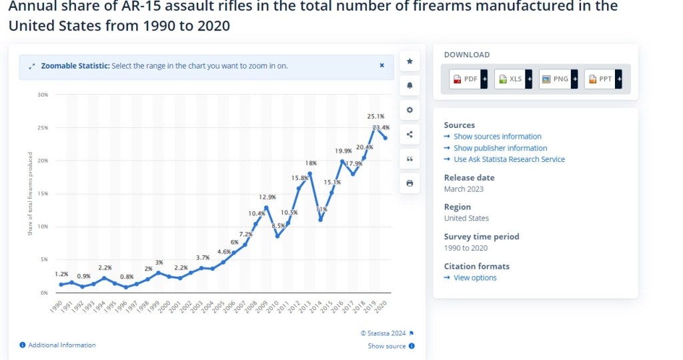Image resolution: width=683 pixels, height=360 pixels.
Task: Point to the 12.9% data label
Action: point(267,197)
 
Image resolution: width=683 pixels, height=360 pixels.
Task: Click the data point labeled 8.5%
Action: point(277,236)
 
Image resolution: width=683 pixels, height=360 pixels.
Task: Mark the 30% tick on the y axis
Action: point(43,95)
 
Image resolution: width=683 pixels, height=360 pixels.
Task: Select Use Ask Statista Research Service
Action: point(509,159)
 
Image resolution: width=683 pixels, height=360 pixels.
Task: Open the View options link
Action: point(475,278)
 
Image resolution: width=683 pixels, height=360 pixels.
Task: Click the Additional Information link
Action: point(61,345)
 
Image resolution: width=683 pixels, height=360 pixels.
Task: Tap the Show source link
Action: point(387,346)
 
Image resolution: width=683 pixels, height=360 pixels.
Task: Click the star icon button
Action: point(410,61)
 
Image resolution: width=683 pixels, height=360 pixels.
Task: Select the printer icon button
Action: point(410,183)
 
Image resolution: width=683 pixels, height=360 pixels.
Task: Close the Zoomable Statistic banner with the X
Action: point(382,65)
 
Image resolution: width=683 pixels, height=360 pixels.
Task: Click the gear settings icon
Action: point(410,110)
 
